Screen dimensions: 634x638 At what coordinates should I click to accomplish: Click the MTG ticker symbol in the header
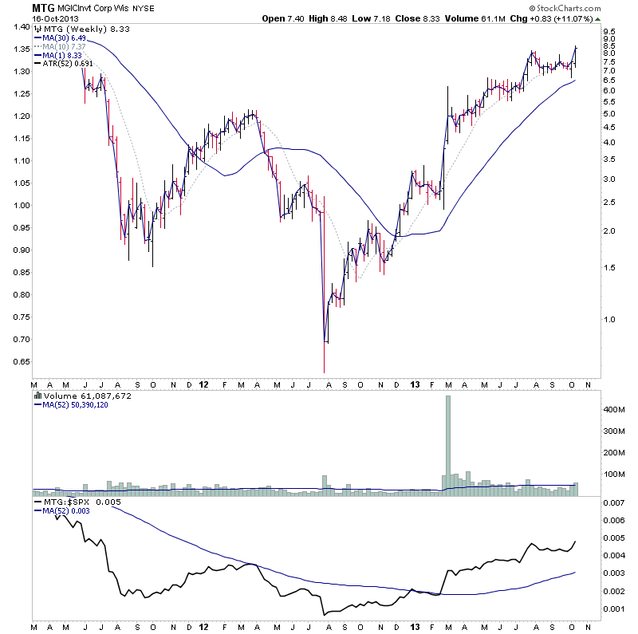pos(43,8)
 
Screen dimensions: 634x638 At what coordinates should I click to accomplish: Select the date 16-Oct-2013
pos(53,18)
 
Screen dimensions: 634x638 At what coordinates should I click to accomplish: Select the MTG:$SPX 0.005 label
pos(73,502)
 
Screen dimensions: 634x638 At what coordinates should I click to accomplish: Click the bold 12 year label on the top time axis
pos(204,384)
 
